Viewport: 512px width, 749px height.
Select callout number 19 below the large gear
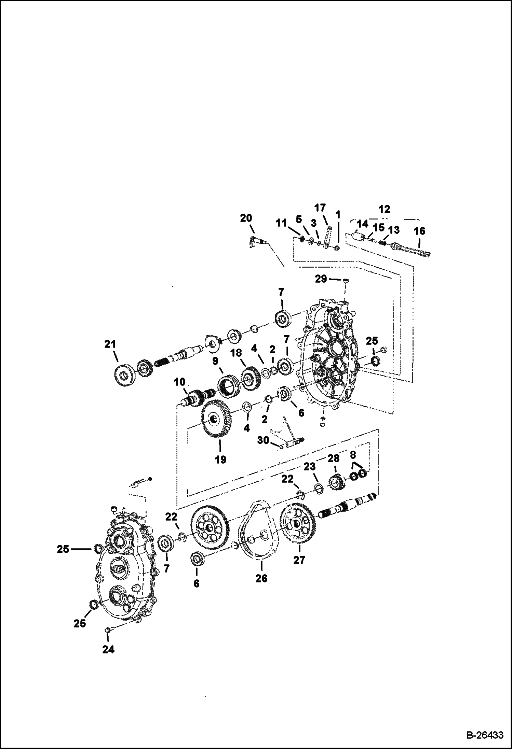pyautogui.click(x=220, y=460)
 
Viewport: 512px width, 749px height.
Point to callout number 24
pyautogui.click(x=108, y=649)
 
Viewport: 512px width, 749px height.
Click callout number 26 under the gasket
pyautogui.click(x=261, y=578)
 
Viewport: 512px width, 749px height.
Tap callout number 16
pyautogui.click(x=419, y=231)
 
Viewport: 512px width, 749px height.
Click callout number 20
pyautogui.click(x=246, y=218)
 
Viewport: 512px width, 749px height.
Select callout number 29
pyautogui.click(x=321, y=279)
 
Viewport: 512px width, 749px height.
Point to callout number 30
pyautogui.click(x=263, y=441)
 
